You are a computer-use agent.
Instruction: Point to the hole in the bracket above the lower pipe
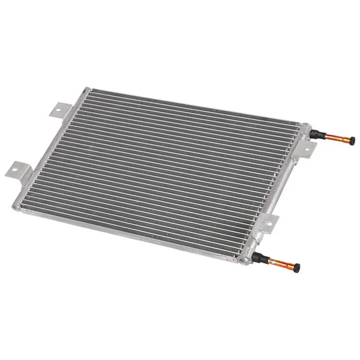coord(269,221)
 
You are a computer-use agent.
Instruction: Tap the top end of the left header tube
coord(86,90)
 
